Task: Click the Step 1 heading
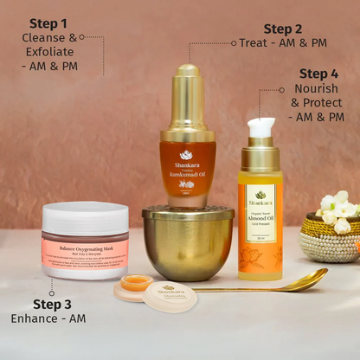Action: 48,22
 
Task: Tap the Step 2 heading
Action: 283,29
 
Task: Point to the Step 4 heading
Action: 319,74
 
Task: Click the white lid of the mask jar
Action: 85,216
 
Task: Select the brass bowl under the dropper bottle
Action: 188,242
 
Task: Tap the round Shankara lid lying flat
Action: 169,296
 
